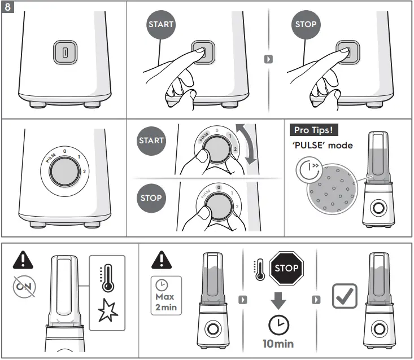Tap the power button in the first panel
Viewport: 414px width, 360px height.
64,52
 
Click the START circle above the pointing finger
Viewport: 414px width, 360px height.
161,24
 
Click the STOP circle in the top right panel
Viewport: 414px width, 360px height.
306,24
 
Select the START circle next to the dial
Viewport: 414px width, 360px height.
151,141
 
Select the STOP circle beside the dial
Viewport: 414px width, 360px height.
151,198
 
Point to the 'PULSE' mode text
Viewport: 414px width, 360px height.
323,146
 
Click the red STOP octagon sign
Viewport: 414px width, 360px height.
287,268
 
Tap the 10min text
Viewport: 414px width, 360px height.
278,343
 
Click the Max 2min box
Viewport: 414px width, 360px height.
165,296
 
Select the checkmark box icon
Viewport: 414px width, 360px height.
344,297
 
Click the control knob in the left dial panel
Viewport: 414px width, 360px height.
64,175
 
